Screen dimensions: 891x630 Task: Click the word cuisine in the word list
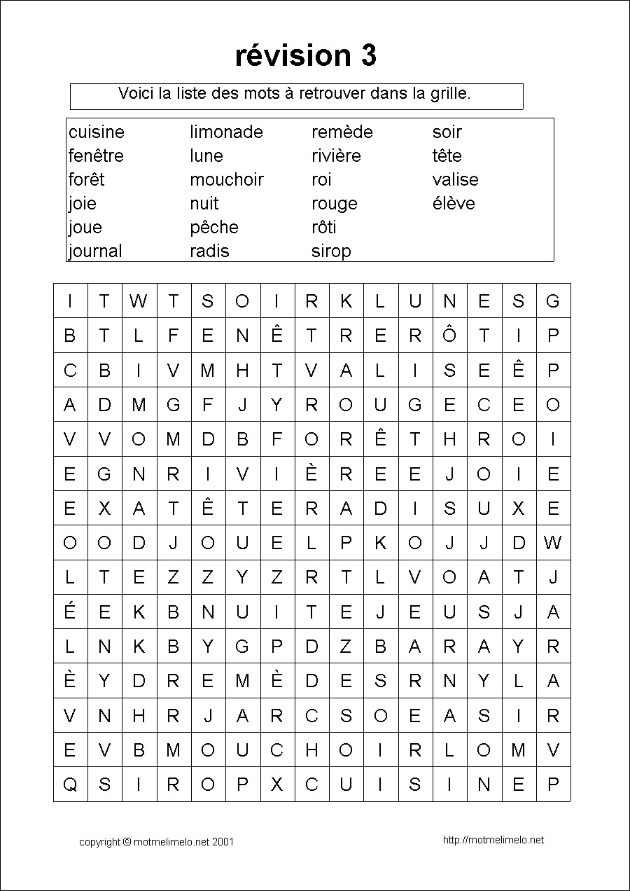pyautogui.click(x=97, y=132)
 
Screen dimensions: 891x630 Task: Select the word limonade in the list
pyautogui.click(x=226, y=132)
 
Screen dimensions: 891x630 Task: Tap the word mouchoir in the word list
pyautogui.click(x=226, y=180)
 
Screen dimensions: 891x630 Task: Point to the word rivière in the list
pyautogui.click(x=336, y=156)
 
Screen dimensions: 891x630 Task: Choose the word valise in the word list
pyautogui.click(x=455, y=180)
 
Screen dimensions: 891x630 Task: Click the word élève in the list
pyautogui.click(x=454, y=204)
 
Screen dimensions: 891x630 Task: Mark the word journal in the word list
pyautogui.click(x=95, y=251)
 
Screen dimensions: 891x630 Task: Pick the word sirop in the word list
pyautogui.click(x=331, y=251)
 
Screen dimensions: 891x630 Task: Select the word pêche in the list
pyautogui.click(x=213, y=228)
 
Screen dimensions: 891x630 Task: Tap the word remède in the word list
pyautogui.click(x=342, y=132)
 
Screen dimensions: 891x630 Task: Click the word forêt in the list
pyautogui.click(x=86, y=180)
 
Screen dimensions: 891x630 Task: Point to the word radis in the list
pyautogui.click(x=209, y=251)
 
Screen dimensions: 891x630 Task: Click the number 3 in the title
pyautogui.click(x=369, y=55)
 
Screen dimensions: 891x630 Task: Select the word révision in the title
pyautogui.click(x=293, y=55)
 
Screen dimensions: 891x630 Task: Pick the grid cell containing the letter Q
pyautogui.click(x=70, y=785)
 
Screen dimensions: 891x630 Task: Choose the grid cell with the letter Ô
pyautogui.click(x=449, y=336)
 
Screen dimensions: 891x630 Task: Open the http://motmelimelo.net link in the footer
pyautogui.click(x=493, y=840)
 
